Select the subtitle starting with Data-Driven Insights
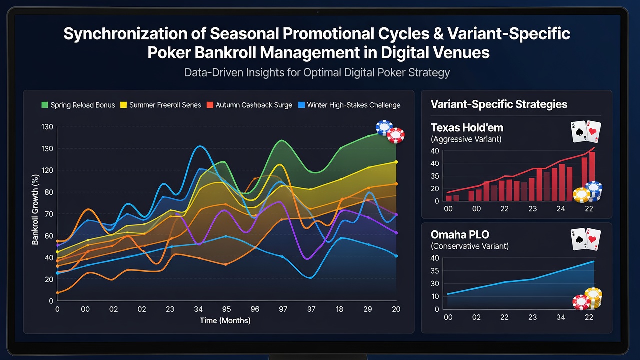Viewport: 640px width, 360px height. [x=317, y=72]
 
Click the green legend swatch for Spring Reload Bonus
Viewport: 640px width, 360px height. [x=45, y=105]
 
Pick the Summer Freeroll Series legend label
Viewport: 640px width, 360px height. [x=165, y=105]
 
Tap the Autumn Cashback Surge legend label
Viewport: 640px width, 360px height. [x=254, y=105]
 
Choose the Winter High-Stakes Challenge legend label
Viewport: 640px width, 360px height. [x=354, y=105]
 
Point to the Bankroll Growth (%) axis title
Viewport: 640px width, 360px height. [x=35, y=210]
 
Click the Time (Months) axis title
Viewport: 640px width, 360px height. [x=225, y=320]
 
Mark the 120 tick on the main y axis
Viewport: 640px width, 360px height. [x=47, y=170]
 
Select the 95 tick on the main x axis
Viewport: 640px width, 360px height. [x=226, y=309]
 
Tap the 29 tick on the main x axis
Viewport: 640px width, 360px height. [x=368, y=309]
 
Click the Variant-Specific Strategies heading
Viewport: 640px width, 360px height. [x=499, y=104]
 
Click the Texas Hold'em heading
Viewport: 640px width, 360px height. [x=467, y=127]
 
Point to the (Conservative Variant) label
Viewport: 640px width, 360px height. [x=470, y=246]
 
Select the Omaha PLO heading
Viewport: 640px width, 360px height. [x=460, y=235]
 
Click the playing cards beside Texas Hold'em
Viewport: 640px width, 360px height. [x=586, y=131]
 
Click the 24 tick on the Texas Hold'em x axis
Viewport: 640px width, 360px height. [x=561, y=209]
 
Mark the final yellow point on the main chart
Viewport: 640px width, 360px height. [x=396, y=162]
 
